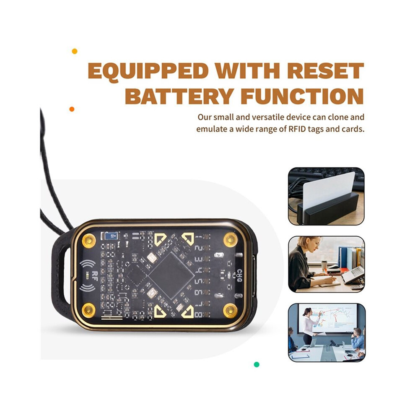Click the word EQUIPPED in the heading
coord(148,71)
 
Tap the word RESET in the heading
coord(326,71)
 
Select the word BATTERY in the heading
coord(179,96)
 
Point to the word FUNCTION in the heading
coord(302,96)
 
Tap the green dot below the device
coord(257,364)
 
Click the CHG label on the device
coord(239,275)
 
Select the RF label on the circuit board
coord(94,276)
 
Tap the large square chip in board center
coord(171,275)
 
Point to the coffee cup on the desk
coord(324,265)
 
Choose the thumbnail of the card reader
coord(326,196)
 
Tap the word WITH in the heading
coord(247,71)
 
